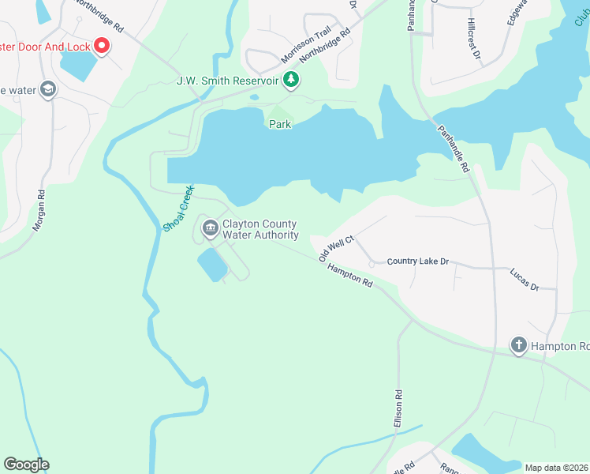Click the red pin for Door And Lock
[102, 46]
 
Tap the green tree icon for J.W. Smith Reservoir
[292, 79]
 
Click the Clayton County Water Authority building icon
[210, 229]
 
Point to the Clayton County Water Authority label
[260, 230]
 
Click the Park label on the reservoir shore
[280, 124]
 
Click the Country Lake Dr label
[417, 261]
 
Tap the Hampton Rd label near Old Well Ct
[349, 274]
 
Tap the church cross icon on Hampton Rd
[518, 344]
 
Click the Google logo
[26, 465]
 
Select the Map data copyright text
[557, 467]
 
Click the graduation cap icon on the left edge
[49, 90]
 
